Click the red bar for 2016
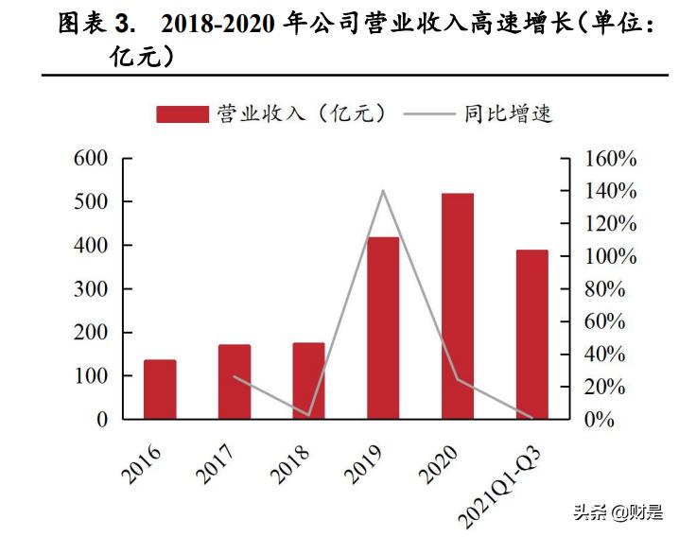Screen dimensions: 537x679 160,389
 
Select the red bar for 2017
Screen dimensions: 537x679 235,381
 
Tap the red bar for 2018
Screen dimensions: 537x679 308,380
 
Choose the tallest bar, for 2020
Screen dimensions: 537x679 458,305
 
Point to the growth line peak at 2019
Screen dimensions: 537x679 383,191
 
